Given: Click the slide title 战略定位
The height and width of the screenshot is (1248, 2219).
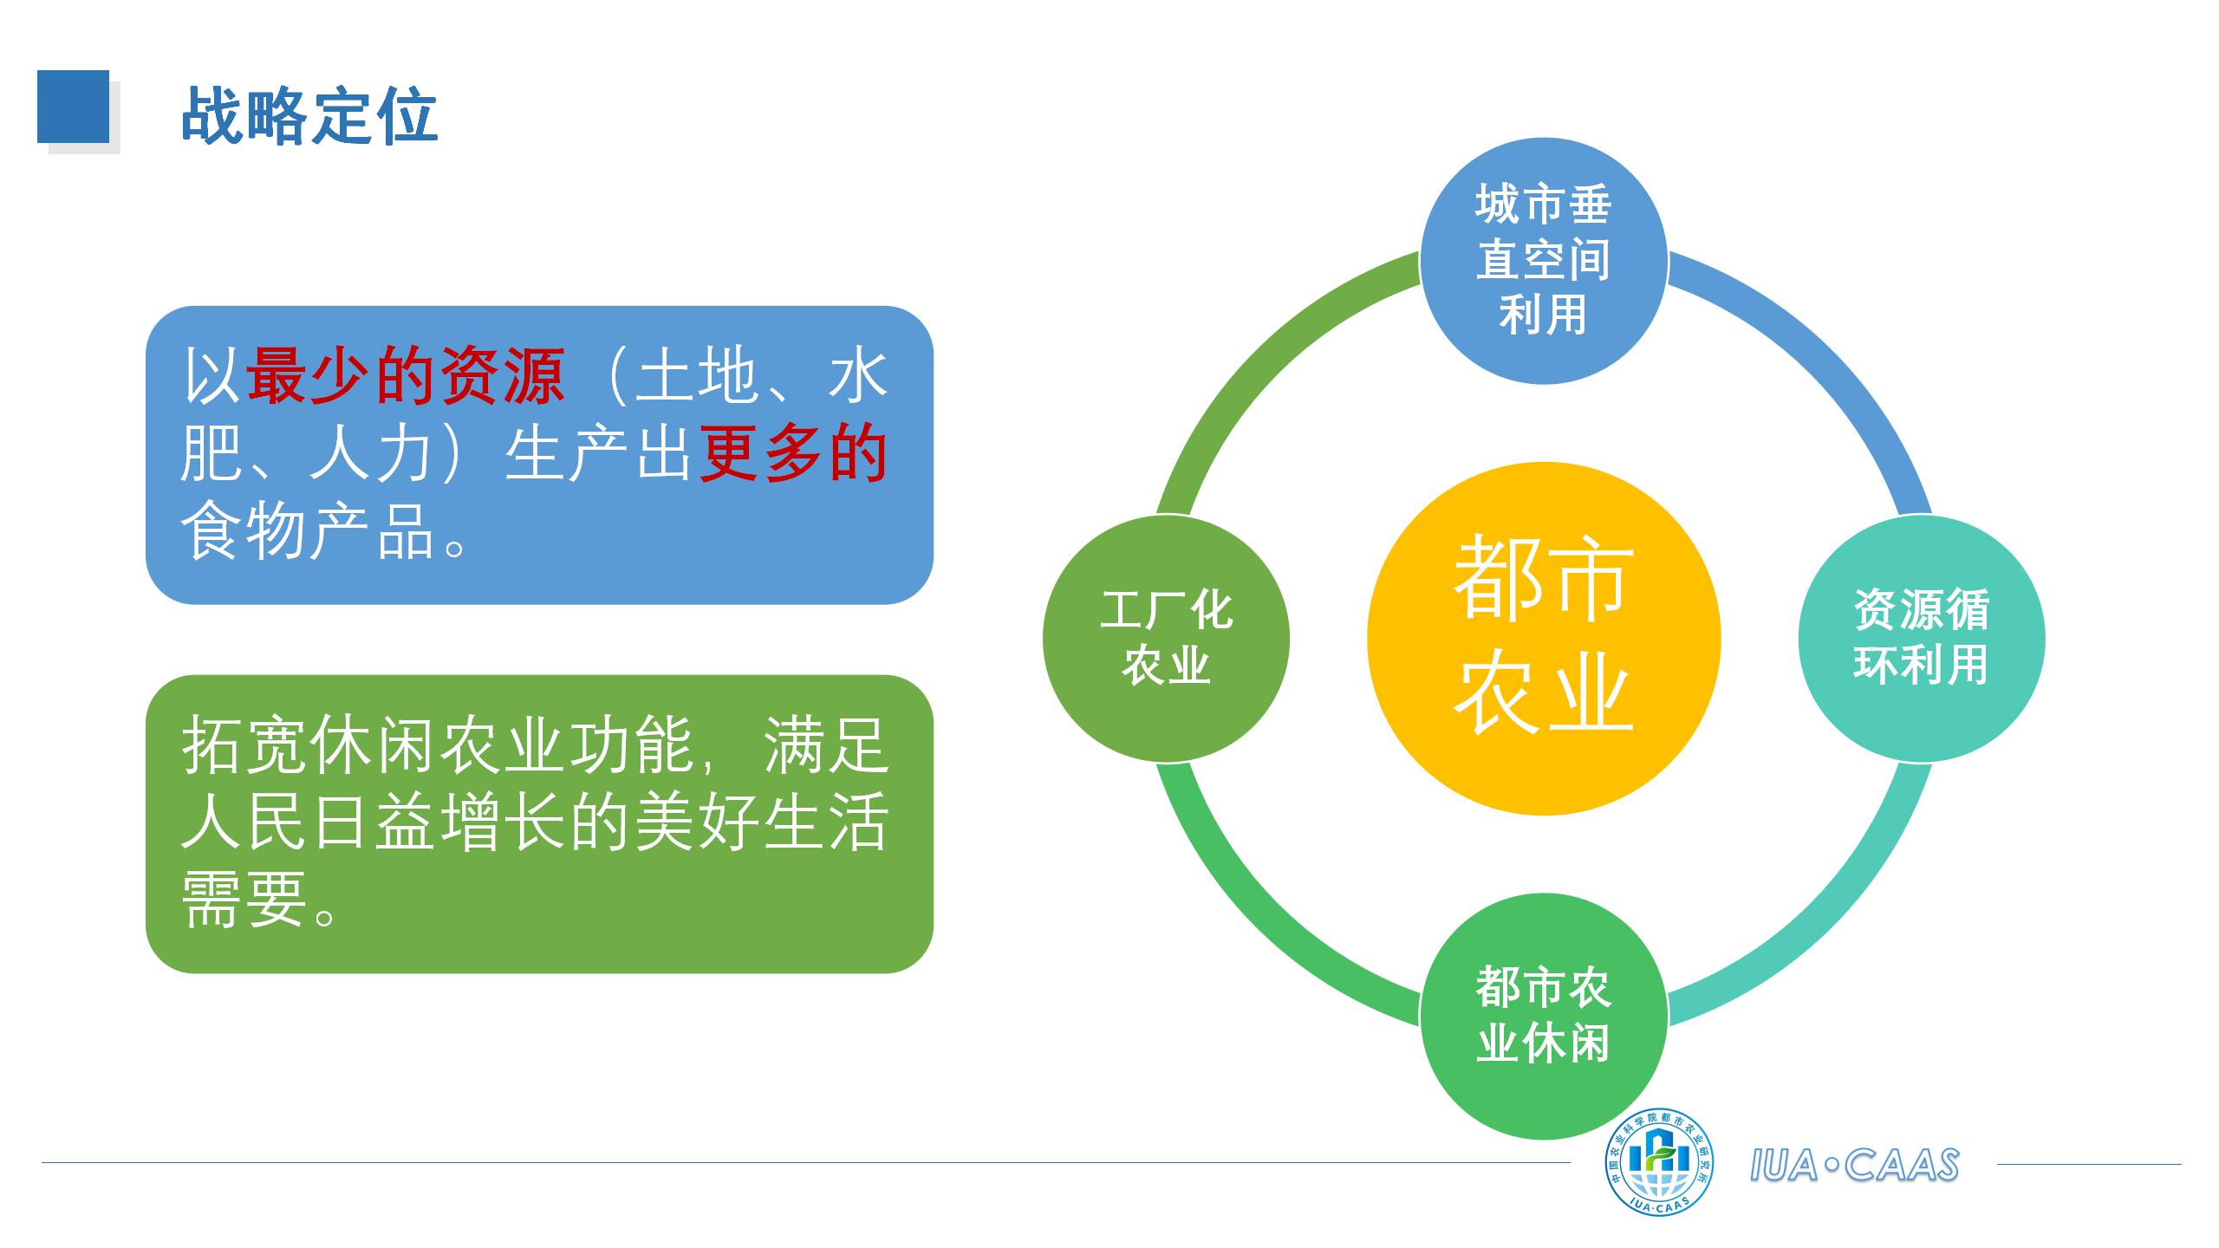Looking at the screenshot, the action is pyautogui.click(x=309, y=114).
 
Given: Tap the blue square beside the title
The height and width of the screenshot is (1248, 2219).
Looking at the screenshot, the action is pyautogui.click(x=73, y=107).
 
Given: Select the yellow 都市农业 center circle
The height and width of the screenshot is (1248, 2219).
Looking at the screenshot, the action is pyautogui.click(x=1543, y=639).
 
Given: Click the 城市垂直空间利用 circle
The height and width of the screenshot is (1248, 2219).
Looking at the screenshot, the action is pyautogui.click(x=1543, y=261).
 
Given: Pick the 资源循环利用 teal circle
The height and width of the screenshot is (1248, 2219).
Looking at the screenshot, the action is pyautogui.click(x=1921, y=639).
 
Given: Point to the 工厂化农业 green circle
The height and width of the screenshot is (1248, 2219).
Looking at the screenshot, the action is pyautogui.click(x=1166, y=639).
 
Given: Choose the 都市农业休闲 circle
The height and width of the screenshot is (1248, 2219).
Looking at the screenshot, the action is pyautogui.click(x=1543, y=1016).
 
